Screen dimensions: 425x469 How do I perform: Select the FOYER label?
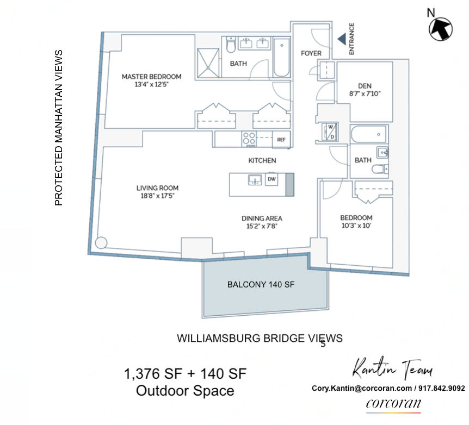click(x=311, y=53)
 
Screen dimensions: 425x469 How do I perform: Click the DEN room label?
click(x=365, y=85)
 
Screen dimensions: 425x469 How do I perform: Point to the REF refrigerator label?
click(x=281, y=140)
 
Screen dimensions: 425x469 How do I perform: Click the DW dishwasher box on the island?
click(x=271, y=179)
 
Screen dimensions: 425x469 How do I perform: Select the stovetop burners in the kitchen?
click(x=250, y=139)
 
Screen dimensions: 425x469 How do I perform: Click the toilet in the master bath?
click(x=231, y=49)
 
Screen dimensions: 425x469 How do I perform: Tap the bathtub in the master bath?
click(x=281, y=57)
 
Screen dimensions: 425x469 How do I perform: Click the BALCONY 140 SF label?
click(x=261, y=284)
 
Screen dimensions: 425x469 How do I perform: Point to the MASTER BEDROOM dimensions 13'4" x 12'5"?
click(x=151, y=85)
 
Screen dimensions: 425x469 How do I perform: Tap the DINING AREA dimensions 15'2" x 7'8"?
click(x=262, y=227)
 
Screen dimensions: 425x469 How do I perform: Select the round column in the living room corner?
click(x=101, y=243)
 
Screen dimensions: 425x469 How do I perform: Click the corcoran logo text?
click(x=393, y=404)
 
